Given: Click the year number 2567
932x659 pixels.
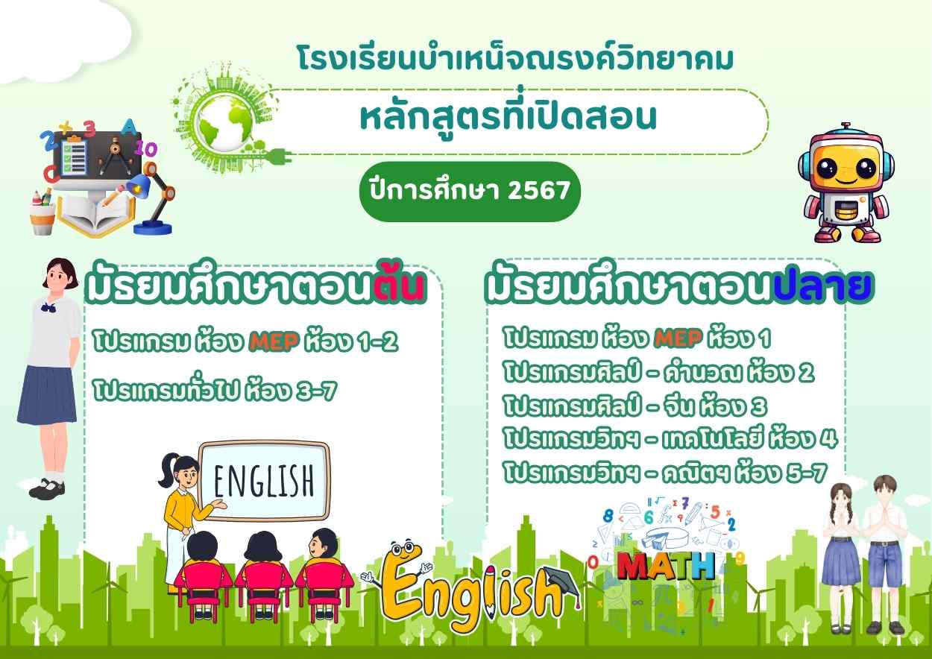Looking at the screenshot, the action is pos(539,191).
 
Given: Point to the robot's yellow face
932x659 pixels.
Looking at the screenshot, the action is pos(846,168).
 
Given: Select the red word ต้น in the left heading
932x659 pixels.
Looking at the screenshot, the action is pos(400,286).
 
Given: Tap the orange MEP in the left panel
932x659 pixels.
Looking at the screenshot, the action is pos(274,342).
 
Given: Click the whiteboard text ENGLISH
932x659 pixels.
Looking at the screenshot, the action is pos(264,482).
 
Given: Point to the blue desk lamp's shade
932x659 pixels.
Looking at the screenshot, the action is pos(140,186).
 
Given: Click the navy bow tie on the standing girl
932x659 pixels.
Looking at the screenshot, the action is pos(48,307).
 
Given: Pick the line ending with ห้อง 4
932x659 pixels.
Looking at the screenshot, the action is pos(670,439).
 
